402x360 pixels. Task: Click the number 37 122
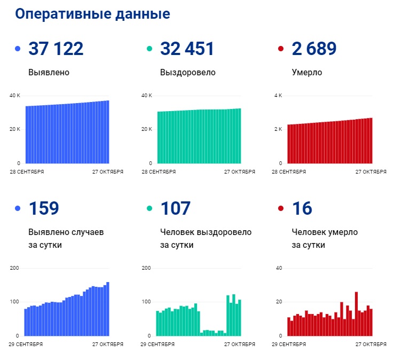[56, 49]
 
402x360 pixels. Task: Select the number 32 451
[187, 49]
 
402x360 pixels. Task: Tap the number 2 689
[314, 49]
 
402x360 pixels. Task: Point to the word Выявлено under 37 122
[49, 72]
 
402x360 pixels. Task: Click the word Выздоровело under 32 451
[187, 72]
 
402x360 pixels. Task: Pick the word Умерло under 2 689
[307, 72]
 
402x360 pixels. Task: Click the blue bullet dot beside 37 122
[18, 50]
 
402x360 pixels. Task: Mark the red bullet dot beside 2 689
[281, 50]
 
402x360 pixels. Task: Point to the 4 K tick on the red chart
[278, 96]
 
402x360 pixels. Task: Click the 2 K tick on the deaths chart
[278, 129]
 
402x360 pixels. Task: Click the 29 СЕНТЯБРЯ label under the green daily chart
[158, 345]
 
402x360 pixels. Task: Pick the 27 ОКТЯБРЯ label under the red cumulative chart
[371, 172]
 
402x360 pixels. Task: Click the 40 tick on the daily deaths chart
[278, 268]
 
